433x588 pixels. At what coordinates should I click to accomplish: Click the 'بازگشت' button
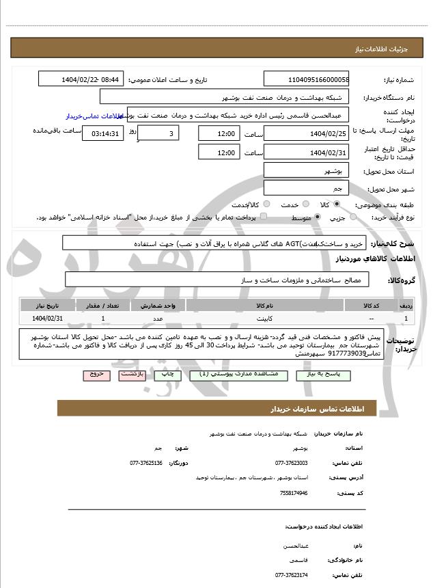[131, 375]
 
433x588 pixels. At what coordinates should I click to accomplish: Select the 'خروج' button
[96, 375]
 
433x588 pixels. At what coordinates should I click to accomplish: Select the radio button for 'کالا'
[337, 204]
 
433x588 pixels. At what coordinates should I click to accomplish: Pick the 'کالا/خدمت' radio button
[266, 204]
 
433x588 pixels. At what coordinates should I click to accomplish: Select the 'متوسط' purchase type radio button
[316, 217]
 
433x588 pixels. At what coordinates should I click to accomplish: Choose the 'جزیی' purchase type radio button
[353, 217]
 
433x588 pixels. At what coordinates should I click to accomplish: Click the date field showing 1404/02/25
[305, 133]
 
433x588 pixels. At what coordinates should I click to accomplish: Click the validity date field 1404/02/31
[305, 152]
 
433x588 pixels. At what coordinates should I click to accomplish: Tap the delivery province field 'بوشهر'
[305, 170]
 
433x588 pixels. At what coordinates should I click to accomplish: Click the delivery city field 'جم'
[305, 188]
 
